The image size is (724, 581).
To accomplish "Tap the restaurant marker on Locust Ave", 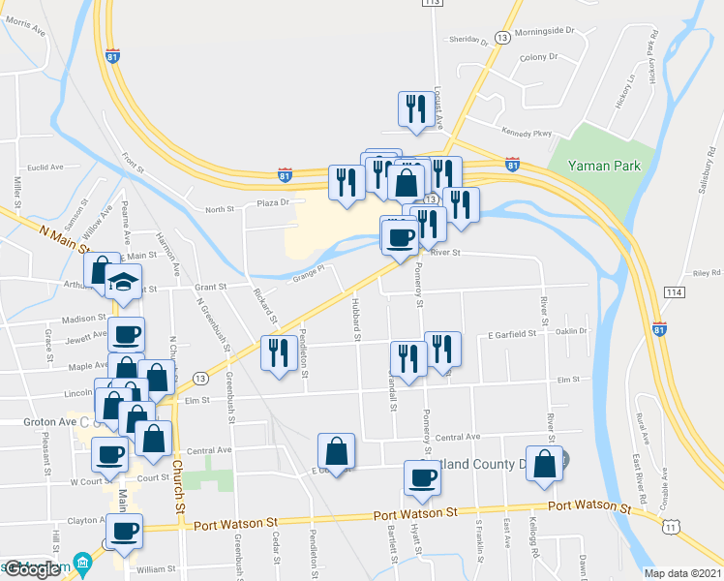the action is coord(416,107).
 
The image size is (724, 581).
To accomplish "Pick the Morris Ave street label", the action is coord(26,28).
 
